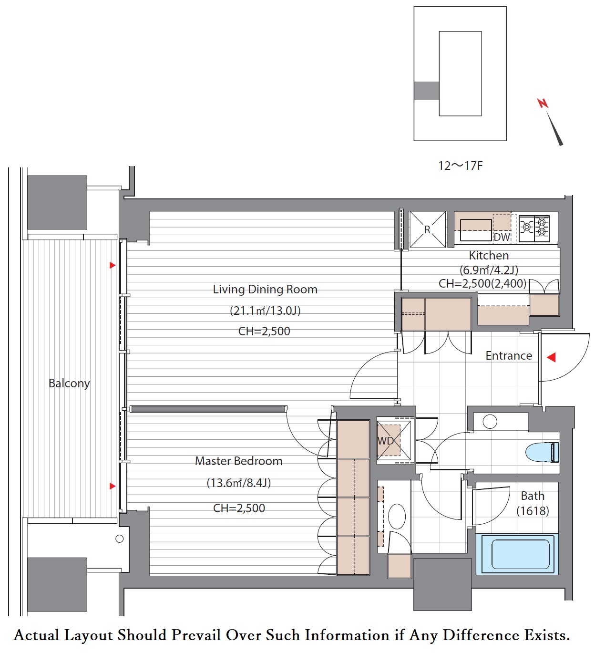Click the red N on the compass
[x=543, y=103]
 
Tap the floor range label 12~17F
[x=460, y=166]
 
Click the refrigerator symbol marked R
[x=428, y=229]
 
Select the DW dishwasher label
[x=502, y=237]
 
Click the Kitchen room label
[x=489, y=256]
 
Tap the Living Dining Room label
[x=265, y=290]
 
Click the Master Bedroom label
[x=239, y=461]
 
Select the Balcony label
[x=69, y=384]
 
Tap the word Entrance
[x=509, y=356]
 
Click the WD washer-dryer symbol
[x=394, y=441]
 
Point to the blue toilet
[x=542, y=453]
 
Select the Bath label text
[x=533, y=496]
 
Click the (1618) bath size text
[x=533, y=511]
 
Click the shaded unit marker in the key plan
[x=427, y=91]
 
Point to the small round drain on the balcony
[x=120, y=539]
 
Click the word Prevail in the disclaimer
[x=196, y=635]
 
